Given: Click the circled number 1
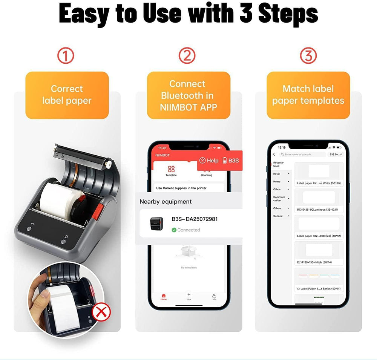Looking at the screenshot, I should [66, 56].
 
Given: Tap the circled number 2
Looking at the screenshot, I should [187, 56].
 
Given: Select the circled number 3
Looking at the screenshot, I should [308, 56].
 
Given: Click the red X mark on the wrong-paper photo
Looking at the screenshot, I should [100, 312].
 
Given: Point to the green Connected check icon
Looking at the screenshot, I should [174, 230].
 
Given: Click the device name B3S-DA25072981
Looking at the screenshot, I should [195, 219].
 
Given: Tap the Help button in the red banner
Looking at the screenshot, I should [209, 161].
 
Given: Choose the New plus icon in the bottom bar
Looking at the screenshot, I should [189, 295].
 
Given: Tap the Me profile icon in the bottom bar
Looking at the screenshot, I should [214, 296].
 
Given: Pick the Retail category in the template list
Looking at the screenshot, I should [277, 174].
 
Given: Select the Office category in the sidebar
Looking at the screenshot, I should [277, 189].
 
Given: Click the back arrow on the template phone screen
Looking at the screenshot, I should [274, 155].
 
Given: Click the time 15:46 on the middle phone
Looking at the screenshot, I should [162, 148].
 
